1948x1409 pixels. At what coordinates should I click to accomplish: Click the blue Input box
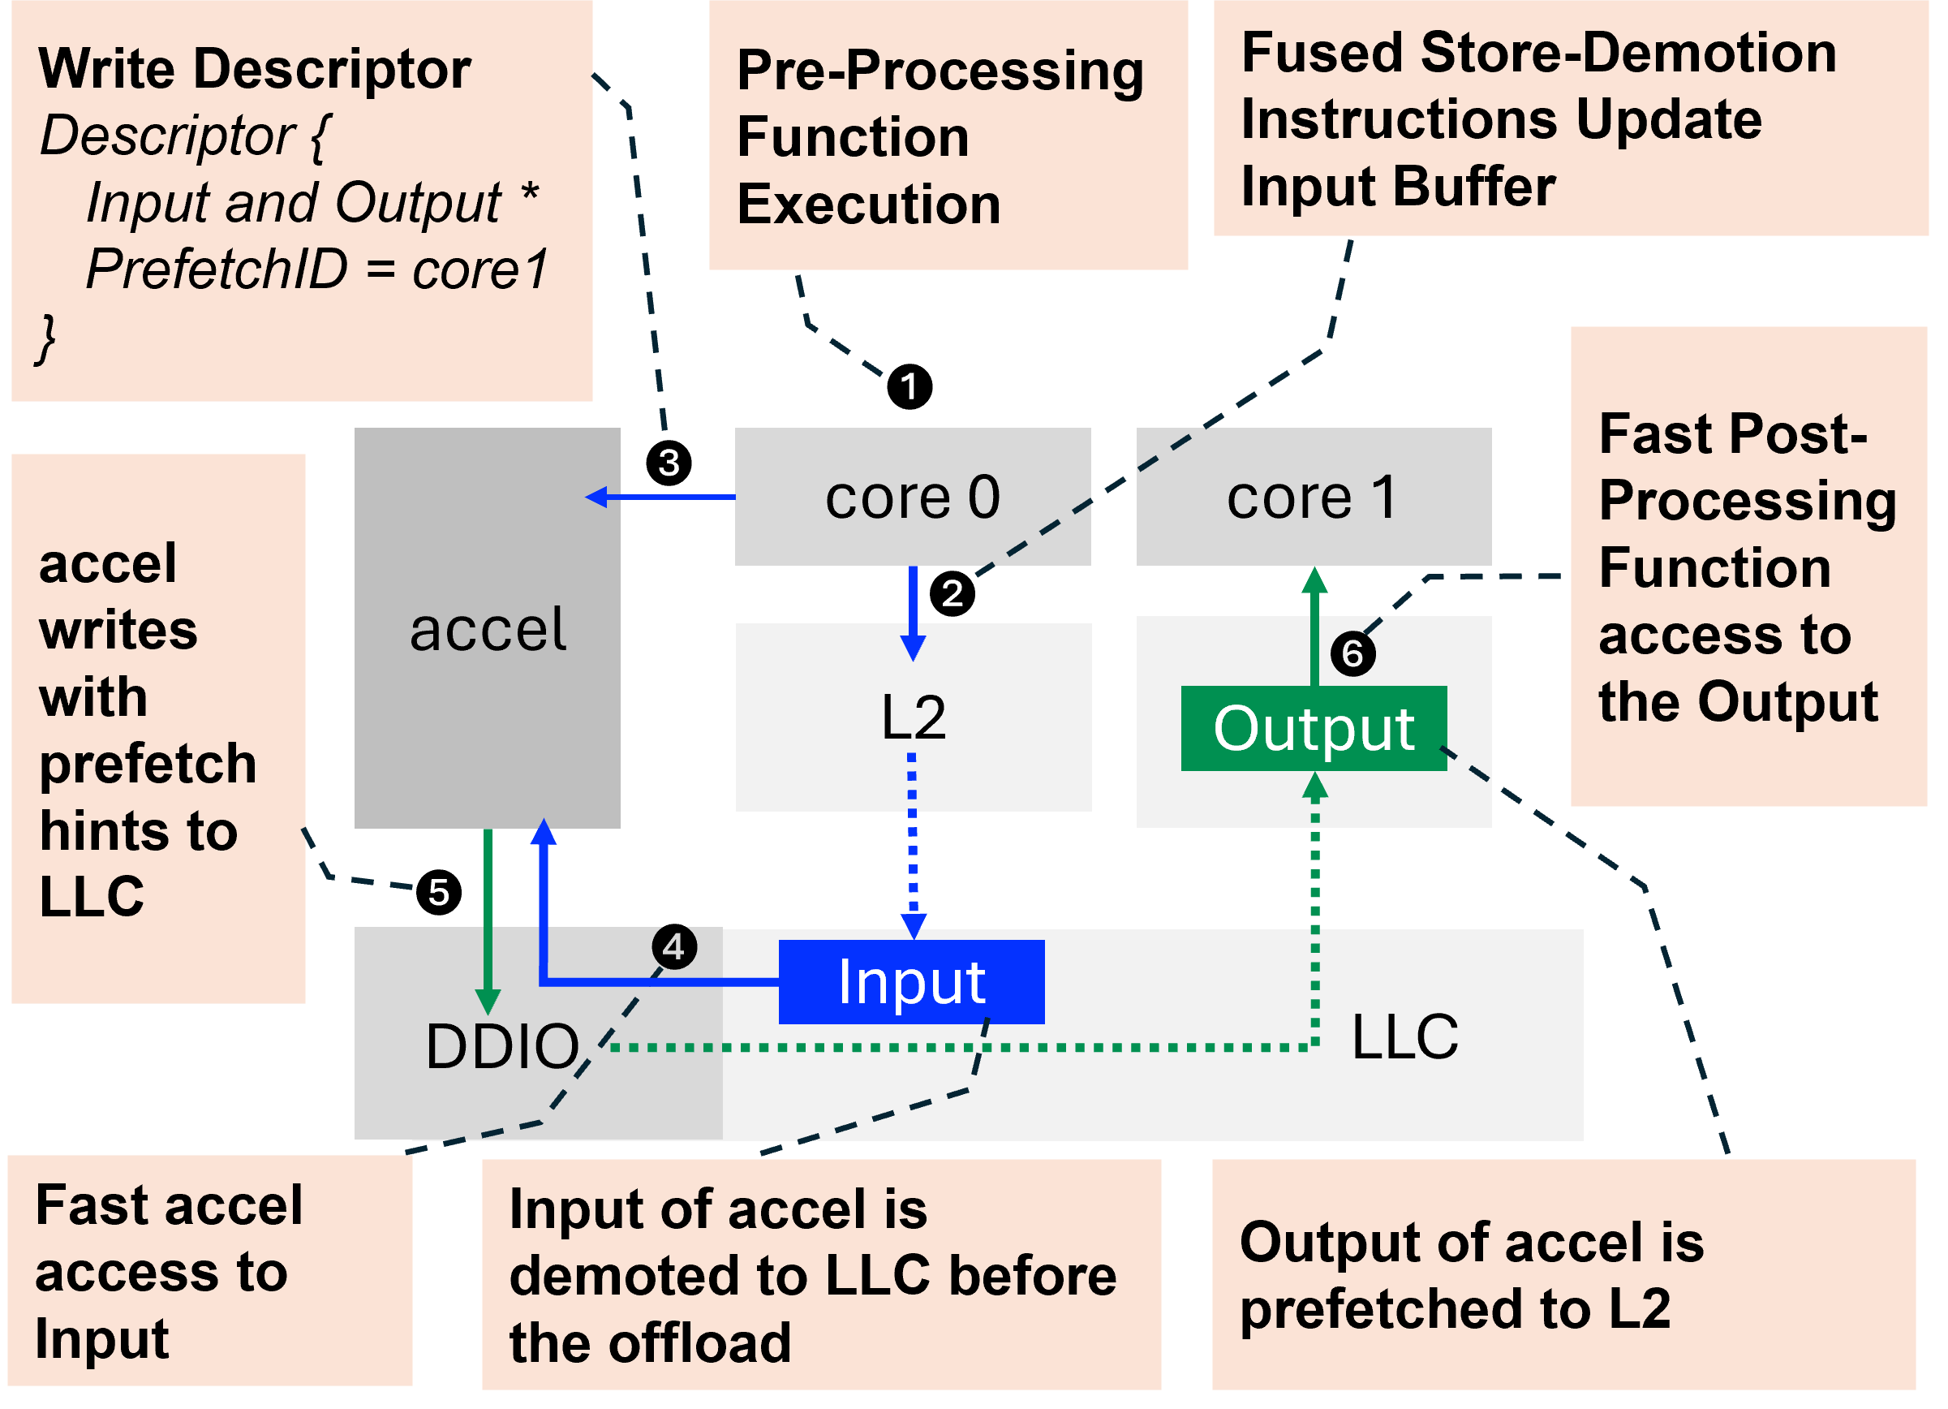911,982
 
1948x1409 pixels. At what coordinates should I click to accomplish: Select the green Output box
1314,729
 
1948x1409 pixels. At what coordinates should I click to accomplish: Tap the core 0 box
912,498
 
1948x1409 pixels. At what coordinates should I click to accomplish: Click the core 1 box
1314,498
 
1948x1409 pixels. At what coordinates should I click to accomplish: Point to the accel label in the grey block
487,629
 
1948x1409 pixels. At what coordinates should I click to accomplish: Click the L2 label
913,717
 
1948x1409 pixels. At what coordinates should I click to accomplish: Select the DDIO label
502,1046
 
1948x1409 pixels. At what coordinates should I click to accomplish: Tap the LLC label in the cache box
1404,1037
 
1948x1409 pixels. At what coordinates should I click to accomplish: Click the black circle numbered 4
674,948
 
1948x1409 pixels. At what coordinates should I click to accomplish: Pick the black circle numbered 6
1352,654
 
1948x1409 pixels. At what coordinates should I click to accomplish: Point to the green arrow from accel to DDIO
488,920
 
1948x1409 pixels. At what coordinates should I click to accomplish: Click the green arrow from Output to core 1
1314,627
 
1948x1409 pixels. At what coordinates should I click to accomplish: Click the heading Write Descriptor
255,69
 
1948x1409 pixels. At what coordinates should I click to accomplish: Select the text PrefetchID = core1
316,269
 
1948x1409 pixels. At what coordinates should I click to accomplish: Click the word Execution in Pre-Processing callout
868,205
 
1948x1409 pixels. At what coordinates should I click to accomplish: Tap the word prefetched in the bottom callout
1413,1310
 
